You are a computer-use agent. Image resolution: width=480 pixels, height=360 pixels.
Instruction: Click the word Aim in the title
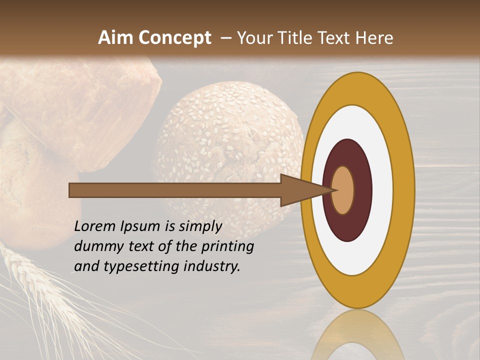(116, 38)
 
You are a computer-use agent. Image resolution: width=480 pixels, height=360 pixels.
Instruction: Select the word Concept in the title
(175, 38)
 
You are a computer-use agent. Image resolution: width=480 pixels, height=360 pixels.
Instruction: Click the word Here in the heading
(374, 38)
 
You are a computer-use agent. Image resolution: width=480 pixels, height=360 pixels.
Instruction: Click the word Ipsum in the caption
(141, 226)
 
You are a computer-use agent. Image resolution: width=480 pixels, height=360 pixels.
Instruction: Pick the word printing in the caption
(227, 246)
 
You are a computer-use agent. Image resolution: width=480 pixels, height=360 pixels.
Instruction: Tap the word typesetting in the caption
(141, 266)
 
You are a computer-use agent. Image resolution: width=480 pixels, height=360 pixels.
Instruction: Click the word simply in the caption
(200, 226)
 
